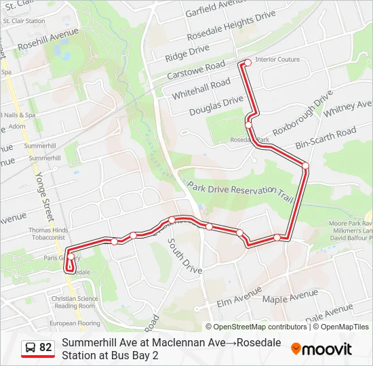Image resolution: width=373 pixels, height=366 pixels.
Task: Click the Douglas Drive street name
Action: (216, 106)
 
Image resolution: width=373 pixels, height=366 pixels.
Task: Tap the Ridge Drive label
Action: (187, 50)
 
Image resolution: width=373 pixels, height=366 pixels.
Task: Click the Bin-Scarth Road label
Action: (326, 138)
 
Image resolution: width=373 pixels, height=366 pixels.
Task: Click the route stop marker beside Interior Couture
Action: (248, 62)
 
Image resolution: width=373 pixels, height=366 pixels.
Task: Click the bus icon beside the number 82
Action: (31, 348)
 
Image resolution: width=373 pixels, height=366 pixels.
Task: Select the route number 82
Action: (45, 348)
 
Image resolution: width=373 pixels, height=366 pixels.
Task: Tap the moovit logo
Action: (321, 349)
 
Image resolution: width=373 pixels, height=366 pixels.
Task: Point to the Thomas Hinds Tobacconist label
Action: (48, 234)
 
